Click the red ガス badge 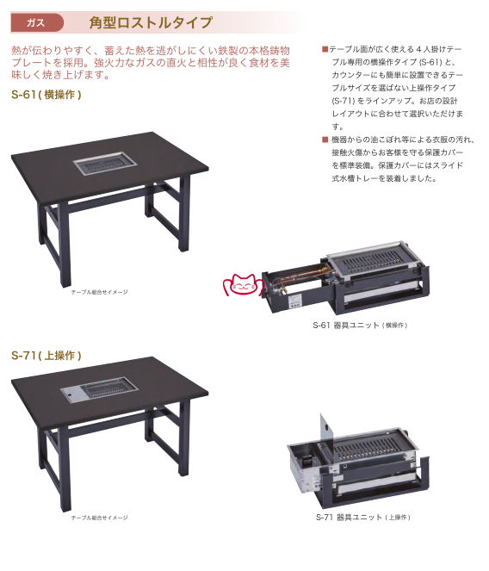pos(37,22)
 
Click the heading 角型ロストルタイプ pos(151,22)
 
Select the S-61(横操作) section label pos(46,95)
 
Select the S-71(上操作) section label pos(46,356)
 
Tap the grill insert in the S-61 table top pos(106,164)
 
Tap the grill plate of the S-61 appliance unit pos(375,260)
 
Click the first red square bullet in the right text pos(325,49)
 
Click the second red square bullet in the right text pos(325,140)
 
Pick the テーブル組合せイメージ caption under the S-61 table pos(99,292)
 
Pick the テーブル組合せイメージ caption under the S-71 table pos(99,518)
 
